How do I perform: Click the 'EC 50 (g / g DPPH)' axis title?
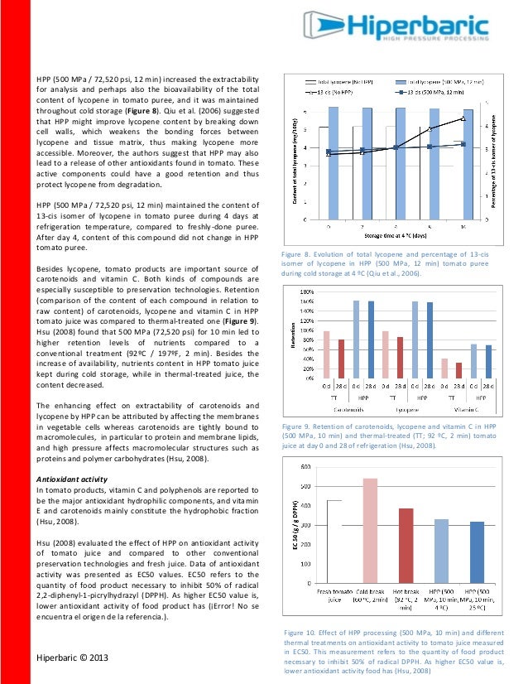click(294, 525)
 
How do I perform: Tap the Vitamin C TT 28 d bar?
click(458, 370)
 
